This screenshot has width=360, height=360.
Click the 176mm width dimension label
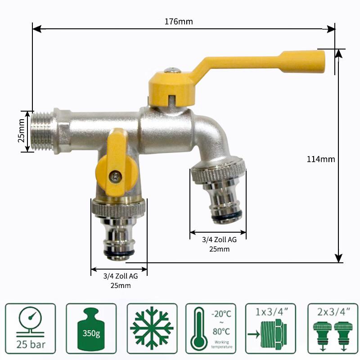179,22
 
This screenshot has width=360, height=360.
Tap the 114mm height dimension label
321,159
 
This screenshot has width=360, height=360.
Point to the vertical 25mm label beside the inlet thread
21,130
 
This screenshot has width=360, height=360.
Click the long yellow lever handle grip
302,61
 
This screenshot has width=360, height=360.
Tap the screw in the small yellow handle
115,176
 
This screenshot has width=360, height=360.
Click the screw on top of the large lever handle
172,70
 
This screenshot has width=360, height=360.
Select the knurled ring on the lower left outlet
119,208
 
